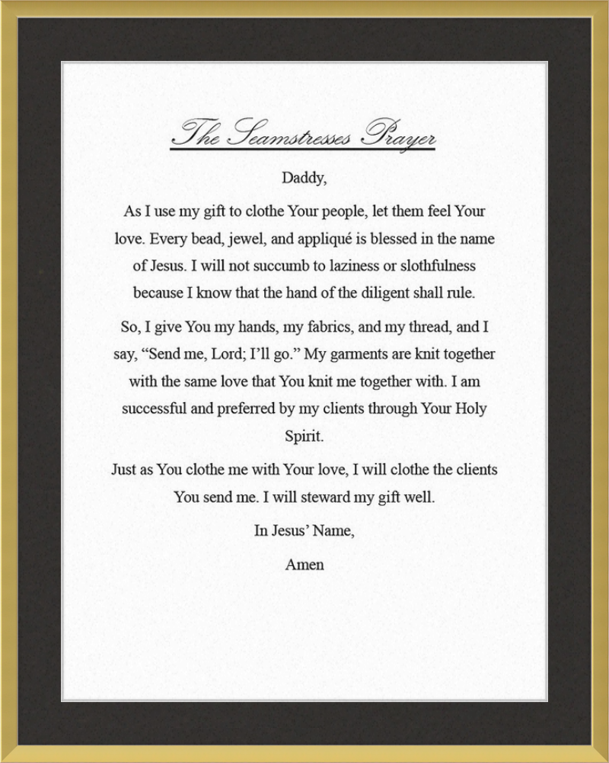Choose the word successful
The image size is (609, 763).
pyautogui.click(x=155, y=409)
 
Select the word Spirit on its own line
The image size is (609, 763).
pyautogui.click(x=304, y=437)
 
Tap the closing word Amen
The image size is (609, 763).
pyautogui.click(x=304, y=565)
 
